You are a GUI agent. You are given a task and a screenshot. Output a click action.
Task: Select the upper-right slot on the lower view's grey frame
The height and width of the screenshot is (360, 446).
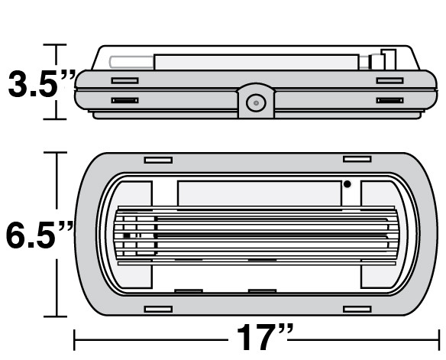tap(357, 159)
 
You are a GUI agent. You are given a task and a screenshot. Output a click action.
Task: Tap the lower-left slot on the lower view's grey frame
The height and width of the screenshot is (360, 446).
tap(159, 309)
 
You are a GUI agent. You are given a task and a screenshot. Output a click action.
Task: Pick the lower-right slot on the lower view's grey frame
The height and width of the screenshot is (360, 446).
tap(357, 309)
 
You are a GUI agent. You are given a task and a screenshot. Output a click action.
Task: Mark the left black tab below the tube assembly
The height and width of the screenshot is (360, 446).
tap(189, 291)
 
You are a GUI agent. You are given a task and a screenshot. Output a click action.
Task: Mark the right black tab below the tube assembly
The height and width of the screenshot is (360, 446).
tap(262, 291)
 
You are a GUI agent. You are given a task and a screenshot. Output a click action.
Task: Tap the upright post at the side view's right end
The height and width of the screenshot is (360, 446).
tap(389, 60)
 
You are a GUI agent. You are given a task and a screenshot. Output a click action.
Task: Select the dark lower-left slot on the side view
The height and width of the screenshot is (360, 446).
tap(124, 100)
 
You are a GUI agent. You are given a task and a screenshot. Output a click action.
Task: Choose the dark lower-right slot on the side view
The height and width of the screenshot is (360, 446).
tap(389, 100)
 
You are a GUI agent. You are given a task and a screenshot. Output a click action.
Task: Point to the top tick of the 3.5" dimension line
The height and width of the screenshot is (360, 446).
tap(56, 45)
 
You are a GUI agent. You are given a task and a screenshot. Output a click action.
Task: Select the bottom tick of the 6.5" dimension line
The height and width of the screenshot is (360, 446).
tap(56, 316)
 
